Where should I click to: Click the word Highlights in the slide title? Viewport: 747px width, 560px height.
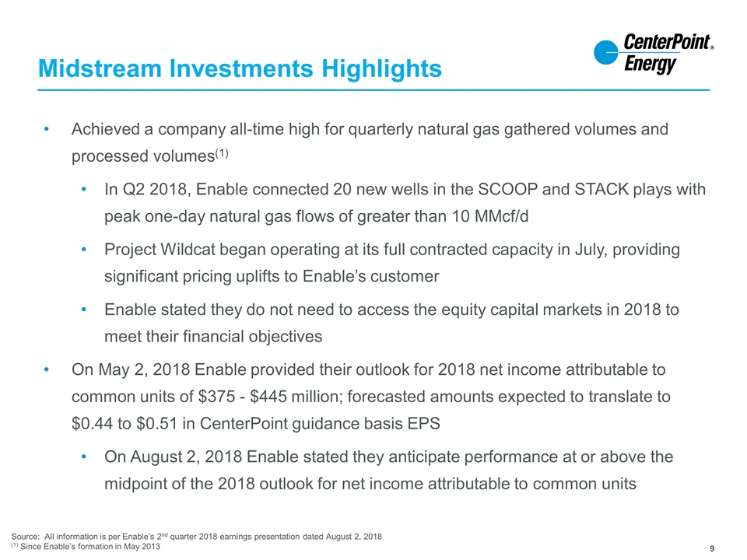point(381,68)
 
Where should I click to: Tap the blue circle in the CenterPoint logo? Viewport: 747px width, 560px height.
point(606,52)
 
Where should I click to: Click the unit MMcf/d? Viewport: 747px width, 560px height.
point(502,216)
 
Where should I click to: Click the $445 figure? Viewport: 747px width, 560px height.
point(268,397)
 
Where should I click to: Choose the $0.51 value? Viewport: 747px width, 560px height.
point(156,423)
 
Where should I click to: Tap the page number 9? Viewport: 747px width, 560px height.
point(712,548)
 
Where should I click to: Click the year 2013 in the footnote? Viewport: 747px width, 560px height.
point(150,547)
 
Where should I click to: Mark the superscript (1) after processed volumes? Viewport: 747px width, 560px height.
point(222,153)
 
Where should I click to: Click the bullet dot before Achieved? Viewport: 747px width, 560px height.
point(46,129)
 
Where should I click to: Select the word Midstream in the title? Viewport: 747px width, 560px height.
point(100,68)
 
